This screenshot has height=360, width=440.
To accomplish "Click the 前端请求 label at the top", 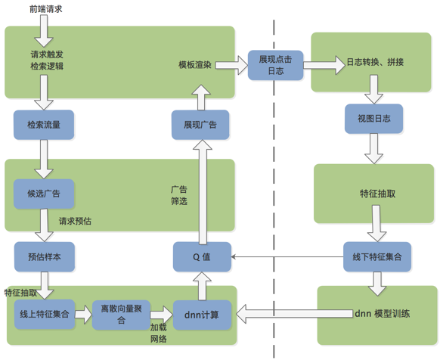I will (45, 8).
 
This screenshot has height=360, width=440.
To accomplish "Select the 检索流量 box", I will (44, 124).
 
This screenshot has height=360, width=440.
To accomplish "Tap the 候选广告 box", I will (44, 193).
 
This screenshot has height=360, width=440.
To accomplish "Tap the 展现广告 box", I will (200, 124).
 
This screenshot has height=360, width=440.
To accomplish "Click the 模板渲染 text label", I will (195, 64).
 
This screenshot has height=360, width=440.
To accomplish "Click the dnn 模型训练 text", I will (382, 314).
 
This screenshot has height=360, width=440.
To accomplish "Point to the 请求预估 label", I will (75, 222).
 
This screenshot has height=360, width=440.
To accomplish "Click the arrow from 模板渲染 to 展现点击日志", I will (231, 64).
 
